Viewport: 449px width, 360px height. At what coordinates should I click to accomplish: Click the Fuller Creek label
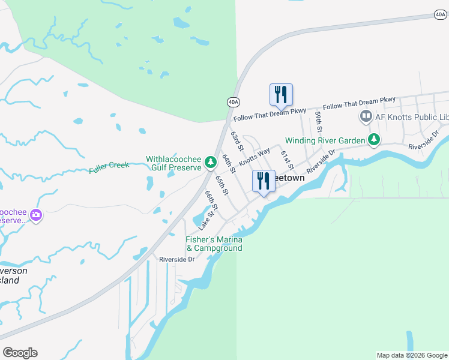(109, 165)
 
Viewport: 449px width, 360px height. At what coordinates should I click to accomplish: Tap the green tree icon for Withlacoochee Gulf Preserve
(210, 161)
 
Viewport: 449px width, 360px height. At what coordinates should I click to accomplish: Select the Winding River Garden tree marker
(374, 140)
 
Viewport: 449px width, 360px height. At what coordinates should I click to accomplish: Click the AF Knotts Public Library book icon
(366, 116)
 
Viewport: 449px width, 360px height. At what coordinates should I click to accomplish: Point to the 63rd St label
(238, 142)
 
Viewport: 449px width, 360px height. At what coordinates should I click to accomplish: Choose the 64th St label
(228, 162)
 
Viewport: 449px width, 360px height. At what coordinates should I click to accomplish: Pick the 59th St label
(319, 122)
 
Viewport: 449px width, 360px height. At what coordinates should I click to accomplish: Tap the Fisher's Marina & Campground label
(214, 244)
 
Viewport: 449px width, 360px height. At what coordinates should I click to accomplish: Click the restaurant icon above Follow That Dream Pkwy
(281, 95)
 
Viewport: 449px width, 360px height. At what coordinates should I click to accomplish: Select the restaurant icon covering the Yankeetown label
(264, 181)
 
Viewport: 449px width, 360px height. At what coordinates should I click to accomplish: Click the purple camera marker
(36, 214)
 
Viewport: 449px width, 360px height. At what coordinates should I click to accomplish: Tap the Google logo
(20, 353)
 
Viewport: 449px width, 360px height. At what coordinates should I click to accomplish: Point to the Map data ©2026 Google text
(412, 355)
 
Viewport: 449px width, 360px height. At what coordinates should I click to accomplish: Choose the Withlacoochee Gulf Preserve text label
(174, 163)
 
